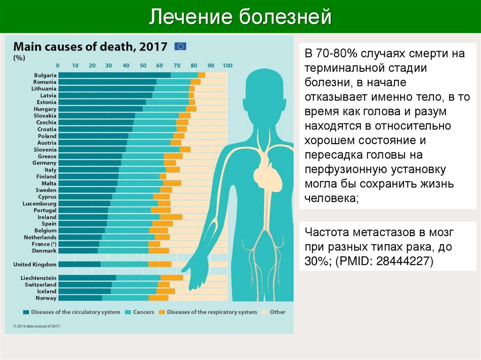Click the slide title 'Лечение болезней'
click(x=240, y=17)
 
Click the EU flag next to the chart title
click(x=180, y=46)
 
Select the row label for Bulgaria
click(x=45, y=75)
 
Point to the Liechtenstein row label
click(x=39, y=278)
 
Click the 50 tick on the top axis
click(x=143, y=66)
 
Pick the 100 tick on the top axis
click(x=227, y=66)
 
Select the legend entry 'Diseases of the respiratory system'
click(x=211, y=312)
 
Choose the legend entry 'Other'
click(x=278, y=312)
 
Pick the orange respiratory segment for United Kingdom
click(x=160, y=264)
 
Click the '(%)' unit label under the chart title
click(x=19, y=58)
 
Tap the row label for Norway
click(x=46, y=298)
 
